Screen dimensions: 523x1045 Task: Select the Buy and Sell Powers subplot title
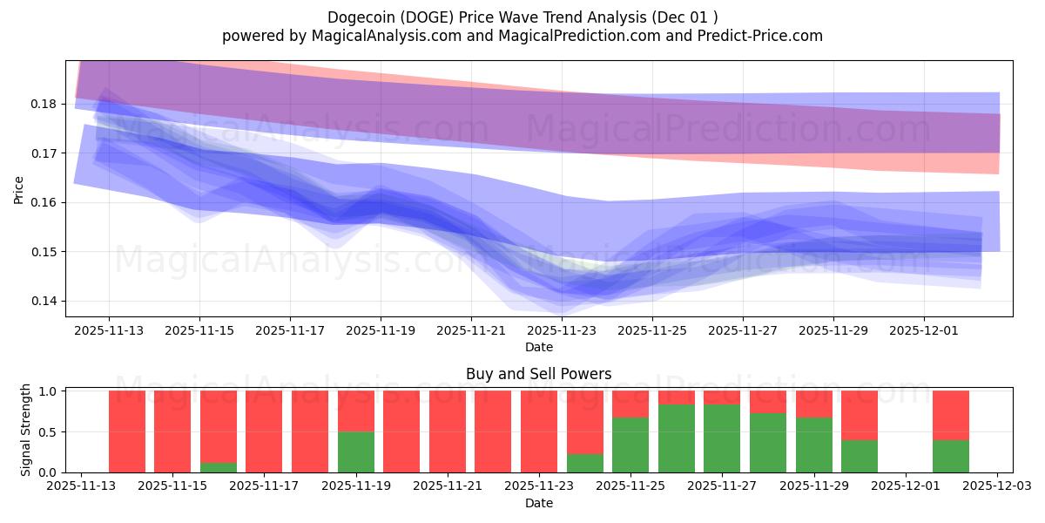[538, 374]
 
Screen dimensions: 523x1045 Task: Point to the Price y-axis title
[19, 188]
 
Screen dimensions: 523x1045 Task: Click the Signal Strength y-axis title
[26, 430]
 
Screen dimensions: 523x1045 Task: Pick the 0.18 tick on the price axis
[44, 104]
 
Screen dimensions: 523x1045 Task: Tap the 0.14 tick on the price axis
[44, 302]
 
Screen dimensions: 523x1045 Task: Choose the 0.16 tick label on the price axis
[44, 202]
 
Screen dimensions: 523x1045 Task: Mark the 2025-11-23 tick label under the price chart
[562, 331]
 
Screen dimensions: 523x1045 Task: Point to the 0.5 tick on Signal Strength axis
[49, 432]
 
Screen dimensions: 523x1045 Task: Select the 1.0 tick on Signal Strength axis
[49, 391]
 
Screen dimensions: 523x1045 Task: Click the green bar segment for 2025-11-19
[356, 452]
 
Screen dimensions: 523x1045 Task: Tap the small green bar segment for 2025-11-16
[219, 467]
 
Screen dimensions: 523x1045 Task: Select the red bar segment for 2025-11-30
[860, 415]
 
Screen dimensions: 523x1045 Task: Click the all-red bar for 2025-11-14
[127, 431]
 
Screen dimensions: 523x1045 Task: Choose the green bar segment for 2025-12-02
[951, 456]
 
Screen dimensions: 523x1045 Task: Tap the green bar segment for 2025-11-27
[722, 438]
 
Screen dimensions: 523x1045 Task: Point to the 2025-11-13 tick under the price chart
[109, 331]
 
